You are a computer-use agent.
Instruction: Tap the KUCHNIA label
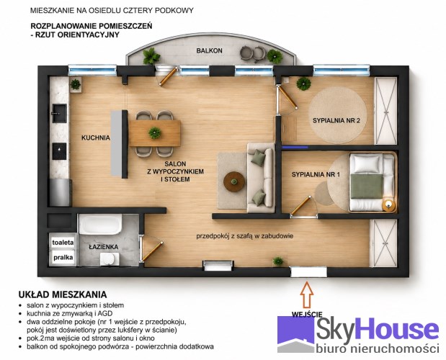96,138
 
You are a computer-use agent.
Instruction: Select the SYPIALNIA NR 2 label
336,120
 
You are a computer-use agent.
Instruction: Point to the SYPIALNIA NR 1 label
316,174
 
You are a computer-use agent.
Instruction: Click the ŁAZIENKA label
104,247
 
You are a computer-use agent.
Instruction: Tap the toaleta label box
63,243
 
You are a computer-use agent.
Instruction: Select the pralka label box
63,258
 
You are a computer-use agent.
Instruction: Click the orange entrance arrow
307,294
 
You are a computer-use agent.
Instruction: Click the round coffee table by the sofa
234,181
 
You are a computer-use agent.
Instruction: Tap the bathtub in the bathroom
100,224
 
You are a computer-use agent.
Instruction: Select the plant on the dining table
155,133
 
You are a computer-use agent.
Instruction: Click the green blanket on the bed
366,186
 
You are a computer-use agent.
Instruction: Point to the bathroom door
153,251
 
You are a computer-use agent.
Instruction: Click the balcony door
168,76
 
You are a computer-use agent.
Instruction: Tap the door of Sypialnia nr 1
300,205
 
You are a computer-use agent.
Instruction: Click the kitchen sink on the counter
60,113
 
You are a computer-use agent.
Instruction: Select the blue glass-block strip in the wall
295,147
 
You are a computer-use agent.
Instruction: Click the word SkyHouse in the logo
377,330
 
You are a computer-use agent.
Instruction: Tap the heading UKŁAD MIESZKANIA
63,294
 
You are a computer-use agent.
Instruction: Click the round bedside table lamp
388,204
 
